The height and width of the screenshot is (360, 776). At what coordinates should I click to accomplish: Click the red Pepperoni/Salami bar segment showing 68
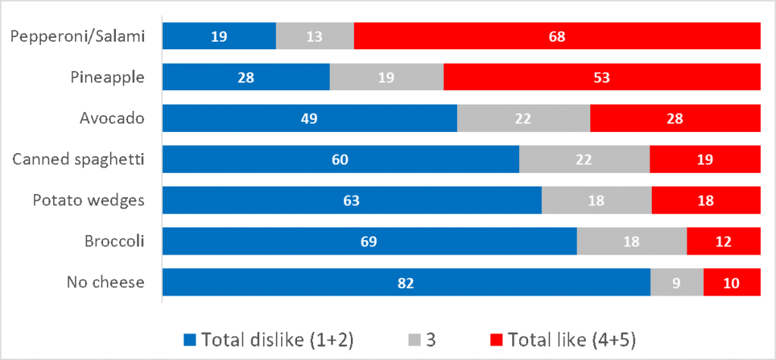click(x=557, y=36)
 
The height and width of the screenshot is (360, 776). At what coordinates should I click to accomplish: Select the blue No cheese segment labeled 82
click(x=407, y=283)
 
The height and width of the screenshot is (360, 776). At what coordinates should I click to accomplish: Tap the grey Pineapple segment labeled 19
click(x=386, y=77)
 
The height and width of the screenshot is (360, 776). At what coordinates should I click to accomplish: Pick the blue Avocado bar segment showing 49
click(x=310, y=118)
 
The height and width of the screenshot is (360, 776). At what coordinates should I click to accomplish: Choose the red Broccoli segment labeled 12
click(x=723, y=242)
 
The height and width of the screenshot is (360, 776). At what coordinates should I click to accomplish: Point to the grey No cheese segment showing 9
click(x=677, y=283)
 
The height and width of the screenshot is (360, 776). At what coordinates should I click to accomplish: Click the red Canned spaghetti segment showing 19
click(x=705, y=159)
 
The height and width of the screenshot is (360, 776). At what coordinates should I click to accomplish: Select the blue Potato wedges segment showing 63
click(x=352, y=201)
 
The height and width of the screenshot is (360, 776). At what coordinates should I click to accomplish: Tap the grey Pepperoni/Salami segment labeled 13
click(x=314, y=36)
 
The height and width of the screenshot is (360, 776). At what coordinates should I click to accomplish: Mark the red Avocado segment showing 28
click(x=674, y=118)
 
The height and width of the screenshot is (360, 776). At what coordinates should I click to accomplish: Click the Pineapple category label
click(x=107, y=77)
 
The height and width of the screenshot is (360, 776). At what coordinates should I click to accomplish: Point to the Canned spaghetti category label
click(x=80, y=159)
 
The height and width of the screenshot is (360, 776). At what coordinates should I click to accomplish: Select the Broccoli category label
click(x=115, y=242)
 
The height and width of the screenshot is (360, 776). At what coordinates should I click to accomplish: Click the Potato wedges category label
click(x=88, y=201)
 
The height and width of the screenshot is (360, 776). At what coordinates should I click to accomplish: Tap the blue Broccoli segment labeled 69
click(x=370, y=242)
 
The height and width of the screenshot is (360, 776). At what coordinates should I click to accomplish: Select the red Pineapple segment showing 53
click(x=602, y=77)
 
